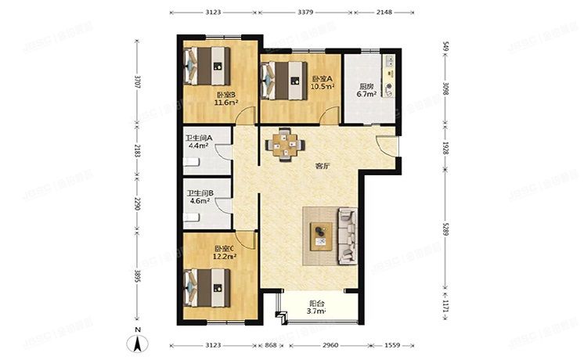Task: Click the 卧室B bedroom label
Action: (x=226, y=95)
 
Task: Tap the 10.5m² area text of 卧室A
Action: (x=323, y=87)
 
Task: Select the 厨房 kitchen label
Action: (x=367, y=87)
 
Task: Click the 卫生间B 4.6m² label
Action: (x=199, y=200)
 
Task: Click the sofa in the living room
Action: (x=344, y=235)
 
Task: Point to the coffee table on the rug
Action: (x=319, y=236)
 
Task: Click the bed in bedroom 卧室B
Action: (x=207, y=67)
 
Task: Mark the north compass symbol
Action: (x=137, y=342)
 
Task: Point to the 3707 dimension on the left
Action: (x=138, y=81)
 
